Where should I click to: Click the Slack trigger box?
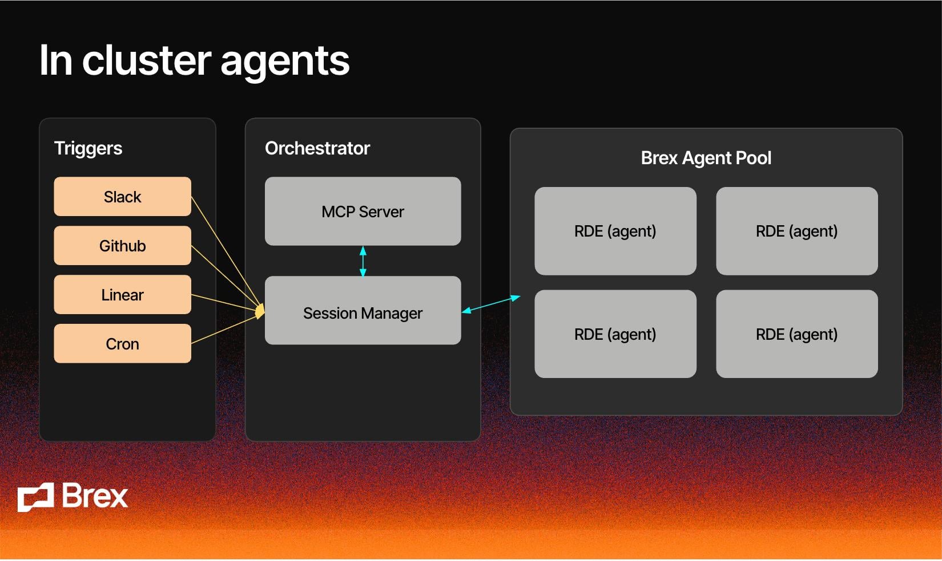click(x=122, y=197)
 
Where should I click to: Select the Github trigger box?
click(x=122, y=246)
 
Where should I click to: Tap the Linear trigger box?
click(x=122, y=295)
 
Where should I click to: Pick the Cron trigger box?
click(x=122, y=344)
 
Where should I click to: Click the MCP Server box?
click(x=363, y=212)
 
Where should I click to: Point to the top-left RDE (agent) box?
click(x=615, y=231)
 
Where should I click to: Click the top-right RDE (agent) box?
click(x=796, y=231)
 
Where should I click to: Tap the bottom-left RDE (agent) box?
click(x=615, y=334)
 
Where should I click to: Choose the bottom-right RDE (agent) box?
click(x=796, y=334)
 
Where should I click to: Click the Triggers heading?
click(x=88, y=148)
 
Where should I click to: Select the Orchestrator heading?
click(x=317, y=148)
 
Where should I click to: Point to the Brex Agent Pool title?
click(x=706, y=158)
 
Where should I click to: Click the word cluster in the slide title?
click(x=147, y=60)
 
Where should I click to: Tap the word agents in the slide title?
click(x=284, y=62)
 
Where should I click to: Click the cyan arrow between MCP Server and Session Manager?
click(x=363, y=261)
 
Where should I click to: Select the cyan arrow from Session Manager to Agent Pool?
click(x=491, y=304)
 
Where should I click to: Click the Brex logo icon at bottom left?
click(x=35, y=497)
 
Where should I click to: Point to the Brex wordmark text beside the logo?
click(x=94, y=496)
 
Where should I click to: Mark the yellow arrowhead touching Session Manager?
click(x=260, y=311)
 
